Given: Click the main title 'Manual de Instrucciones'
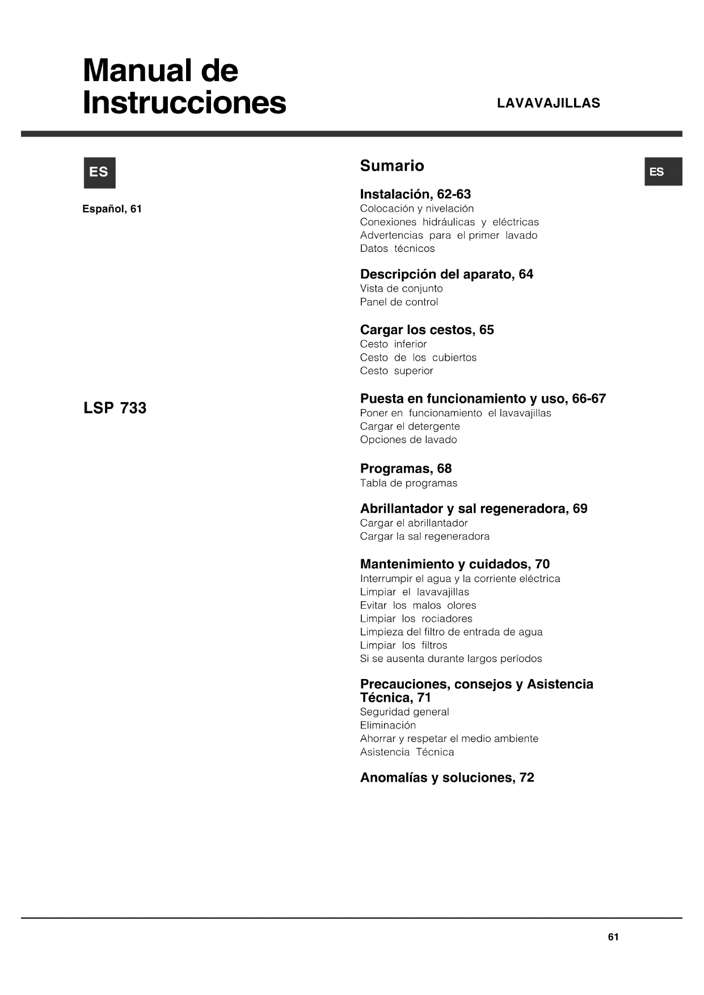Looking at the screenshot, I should pos(184,86).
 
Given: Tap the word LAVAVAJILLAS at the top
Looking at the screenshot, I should pos(548,103).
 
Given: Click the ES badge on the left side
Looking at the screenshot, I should pos(99,172).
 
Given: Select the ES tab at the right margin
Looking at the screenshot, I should pos(663,172).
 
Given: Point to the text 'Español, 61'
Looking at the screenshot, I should pos(112,209).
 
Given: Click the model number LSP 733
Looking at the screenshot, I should pos(115,408).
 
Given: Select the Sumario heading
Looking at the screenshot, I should pos(391,166).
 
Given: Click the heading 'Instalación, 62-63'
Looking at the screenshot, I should pos(415,194).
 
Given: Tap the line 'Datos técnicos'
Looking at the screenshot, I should pos(397,248).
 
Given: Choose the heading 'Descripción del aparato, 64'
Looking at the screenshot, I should pos(446,274).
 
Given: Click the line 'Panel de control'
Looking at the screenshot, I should pos(399,302).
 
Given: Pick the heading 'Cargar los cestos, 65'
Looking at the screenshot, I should pos(427,330).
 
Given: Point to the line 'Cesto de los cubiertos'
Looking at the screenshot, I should pos(418,357).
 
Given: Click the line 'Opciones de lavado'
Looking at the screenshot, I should pos(408,440).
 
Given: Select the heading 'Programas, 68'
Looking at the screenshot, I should pos(406,469).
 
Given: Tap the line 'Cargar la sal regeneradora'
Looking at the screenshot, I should pos(424,536).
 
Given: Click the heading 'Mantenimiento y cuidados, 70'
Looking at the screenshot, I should pos(454,564).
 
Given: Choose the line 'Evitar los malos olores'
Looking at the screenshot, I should pos(418,605).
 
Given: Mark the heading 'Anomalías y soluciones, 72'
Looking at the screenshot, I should pos(447,777).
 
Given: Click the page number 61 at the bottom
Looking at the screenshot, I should pos(613,937).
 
